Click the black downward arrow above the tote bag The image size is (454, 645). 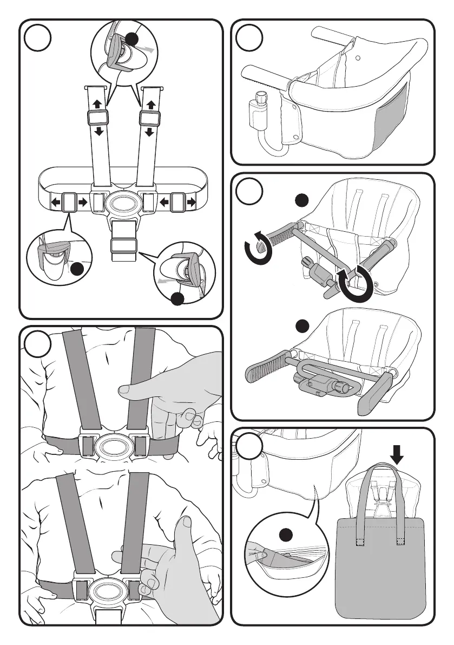click(398, 456)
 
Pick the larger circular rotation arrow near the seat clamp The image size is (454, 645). click(357, 283)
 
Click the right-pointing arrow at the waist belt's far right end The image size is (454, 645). click(191, 203)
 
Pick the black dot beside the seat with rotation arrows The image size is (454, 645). click(302, 201)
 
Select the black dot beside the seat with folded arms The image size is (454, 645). click(302, 325)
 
